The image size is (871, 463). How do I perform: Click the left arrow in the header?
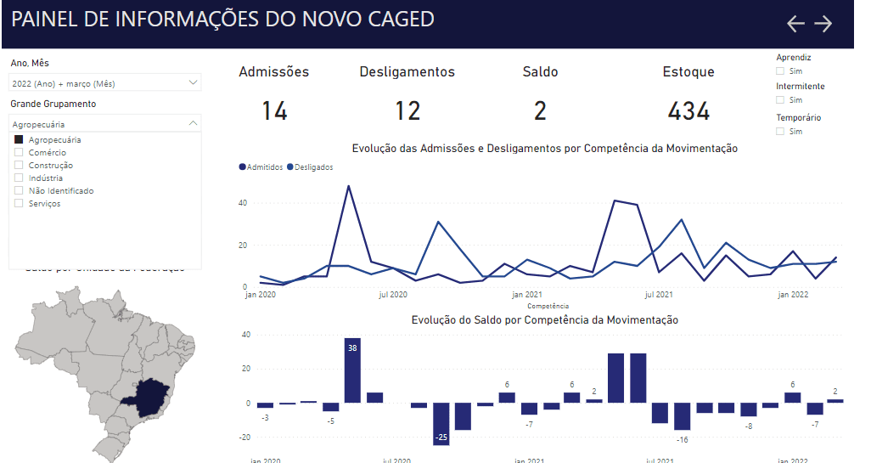pyautogui.click(x=795, y=24)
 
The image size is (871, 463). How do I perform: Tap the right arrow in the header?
pyautogui.click(x=823, y=24)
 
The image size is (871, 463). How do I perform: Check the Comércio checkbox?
pyautogui.click(x=19, y=152)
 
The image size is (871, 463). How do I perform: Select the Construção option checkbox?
pyautogui.click(x=19, y=165)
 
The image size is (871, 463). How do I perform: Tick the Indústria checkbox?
pyautogui.click(x=19, y=178)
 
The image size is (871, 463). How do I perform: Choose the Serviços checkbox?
pyautogui.click(x=19, y=203)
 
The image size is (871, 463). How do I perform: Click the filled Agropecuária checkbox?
pyautogui.click(x=19, y=139)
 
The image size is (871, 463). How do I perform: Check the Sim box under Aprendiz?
pyautogui.click(x=780, y=71)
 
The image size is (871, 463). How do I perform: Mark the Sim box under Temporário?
pyautogui.click(x=780, y=132)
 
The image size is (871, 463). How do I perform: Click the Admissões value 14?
pyautogui.click(x=274, y=110)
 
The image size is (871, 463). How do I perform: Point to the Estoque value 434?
pyautogui.click(x=688, y=110)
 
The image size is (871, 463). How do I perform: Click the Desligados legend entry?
pyautogui.click(x=312, y=167)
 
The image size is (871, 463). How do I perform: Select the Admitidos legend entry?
pyautogui.click(x=264, y=167)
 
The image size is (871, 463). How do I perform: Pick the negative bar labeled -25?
pyautogui.click(x=441, y=423)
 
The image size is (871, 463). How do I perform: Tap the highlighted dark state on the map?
pyautogui.click(x=146, y=397)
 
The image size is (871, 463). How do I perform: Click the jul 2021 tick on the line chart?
pyautogui.click(x=659, y=295)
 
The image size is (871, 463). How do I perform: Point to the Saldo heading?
pyautogui.click(x=540, y=72)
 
